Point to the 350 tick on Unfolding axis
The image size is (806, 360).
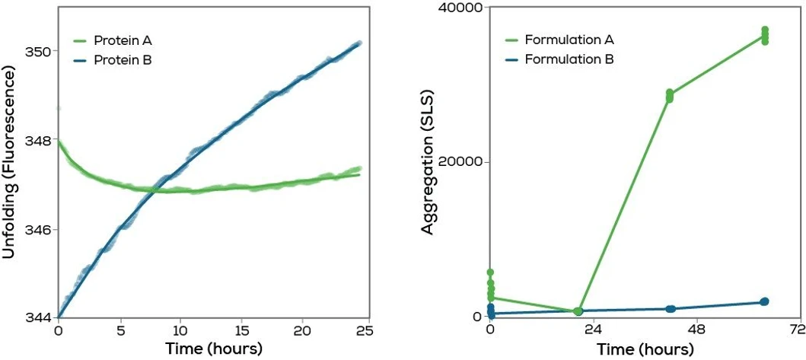40,52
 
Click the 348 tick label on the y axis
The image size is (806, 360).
40,141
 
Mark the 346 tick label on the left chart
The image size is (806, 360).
40,230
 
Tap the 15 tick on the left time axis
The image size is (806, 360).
241,333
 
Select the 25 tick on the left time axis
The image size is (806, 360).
363,333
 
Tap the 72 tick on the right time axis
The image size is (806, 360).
797,333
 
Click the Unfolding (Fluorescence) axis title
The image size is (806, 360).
11,162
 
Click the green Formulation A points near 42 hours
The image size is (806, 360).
670,96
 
